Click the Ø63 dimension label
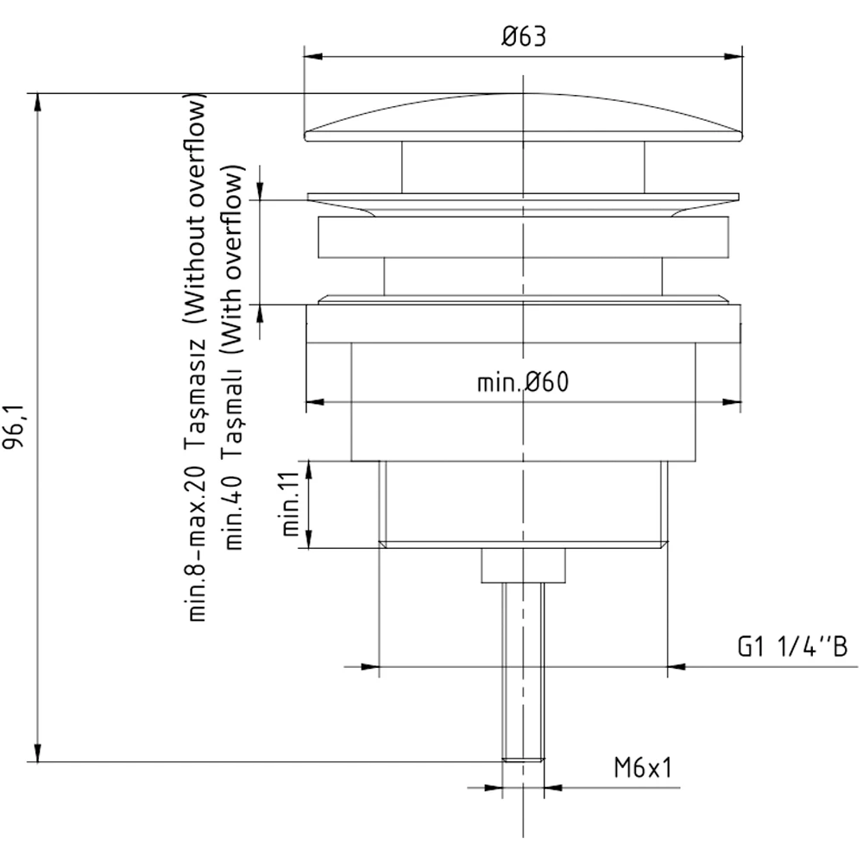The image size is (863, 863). point(524,36)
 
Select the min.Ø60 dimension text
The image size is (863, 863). point(523,381)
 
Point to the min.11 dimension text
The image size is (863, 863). point(291,504)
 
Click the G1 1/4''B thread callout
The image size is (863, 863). point(792,646)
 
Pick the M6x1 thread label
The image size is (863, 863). point(643,767)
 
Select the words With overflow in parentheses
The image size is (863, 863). point(231,259)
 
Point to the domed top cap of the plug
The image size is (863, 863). point(524,117)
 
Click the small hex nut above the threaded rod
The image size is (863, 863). point(524,565)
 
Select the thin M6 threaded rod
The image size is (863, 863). point(524,671)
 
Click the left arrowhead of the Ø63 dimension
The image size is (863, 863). point(313,56)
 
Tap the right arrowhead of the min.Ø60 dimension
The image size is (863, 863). point(732,402)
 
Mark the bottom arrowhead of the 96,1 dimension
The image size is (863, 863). point(37,753)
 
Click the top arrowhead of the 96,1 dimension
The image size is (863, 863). point(37,103)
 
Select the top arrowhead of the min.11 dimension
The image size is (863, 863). point(309,470)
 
